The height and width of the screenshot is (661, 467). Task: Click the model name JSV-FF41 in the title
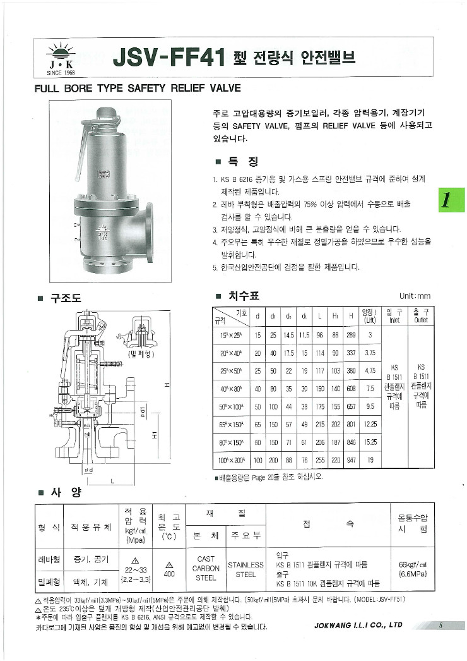coord(170,59)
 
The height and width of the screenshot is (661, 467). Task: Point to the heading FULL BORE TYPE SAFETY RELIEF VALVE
coord(138,88)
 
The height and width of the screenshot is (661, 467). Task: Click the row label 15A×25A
coord(232,335)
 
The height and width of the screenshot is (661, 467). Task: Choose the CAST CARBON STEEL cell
coord(206,569)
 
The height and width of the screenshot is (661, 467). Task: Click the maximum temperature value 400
coord(169,575)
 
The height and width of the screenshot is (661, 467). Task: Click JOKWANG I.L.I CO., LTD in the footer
coord(358,626)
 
